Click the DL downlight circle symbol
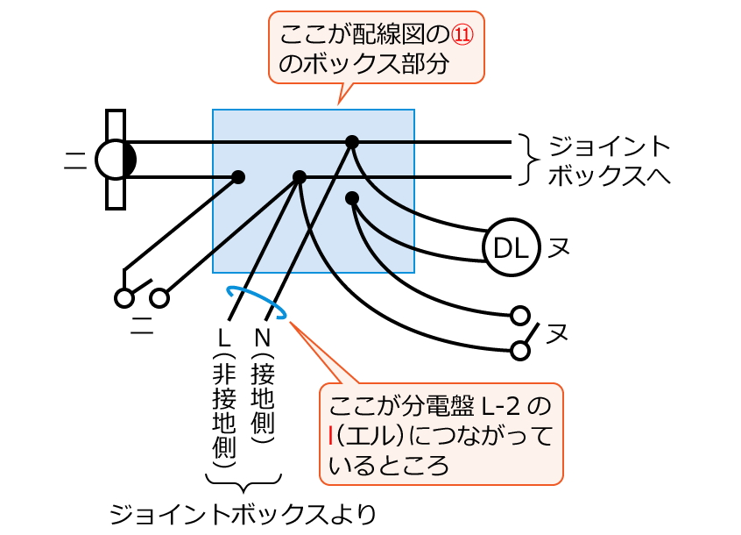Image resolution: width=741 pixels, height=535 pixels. (x=511, y=249)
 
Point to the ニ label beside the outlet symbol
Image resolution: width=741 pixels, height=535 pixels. (x=75, y=159)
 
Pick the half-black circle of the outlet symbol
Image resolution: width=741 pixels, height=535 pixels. (x=116, y=160)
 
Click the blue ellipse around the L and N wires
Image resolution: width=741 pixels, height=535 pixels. (x=257, y=301)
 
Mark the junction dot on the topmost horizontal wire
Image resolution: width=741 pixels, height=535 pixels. (x=352, y=141)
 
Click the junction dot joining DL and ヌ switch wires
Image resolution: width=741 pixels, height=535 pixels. (x=352, y=198)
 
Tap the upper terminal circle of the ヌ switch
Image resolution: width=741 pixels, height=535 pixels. (x=520, y=314)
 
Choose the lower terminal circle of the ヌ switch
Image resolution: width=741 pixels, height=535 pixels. (x=520, y=351)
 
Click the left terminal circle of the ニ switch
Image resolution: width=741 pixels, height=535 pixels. (x=124, y=297)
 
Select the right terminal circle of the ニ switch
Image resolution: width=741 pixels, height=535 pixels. (x=159, y=297)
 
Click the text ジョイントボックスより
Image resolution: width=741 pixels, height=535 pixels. (x=243, y=514)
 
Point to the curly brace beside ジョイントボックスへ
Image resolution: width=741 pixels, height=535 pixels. (x=525, y=159)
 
